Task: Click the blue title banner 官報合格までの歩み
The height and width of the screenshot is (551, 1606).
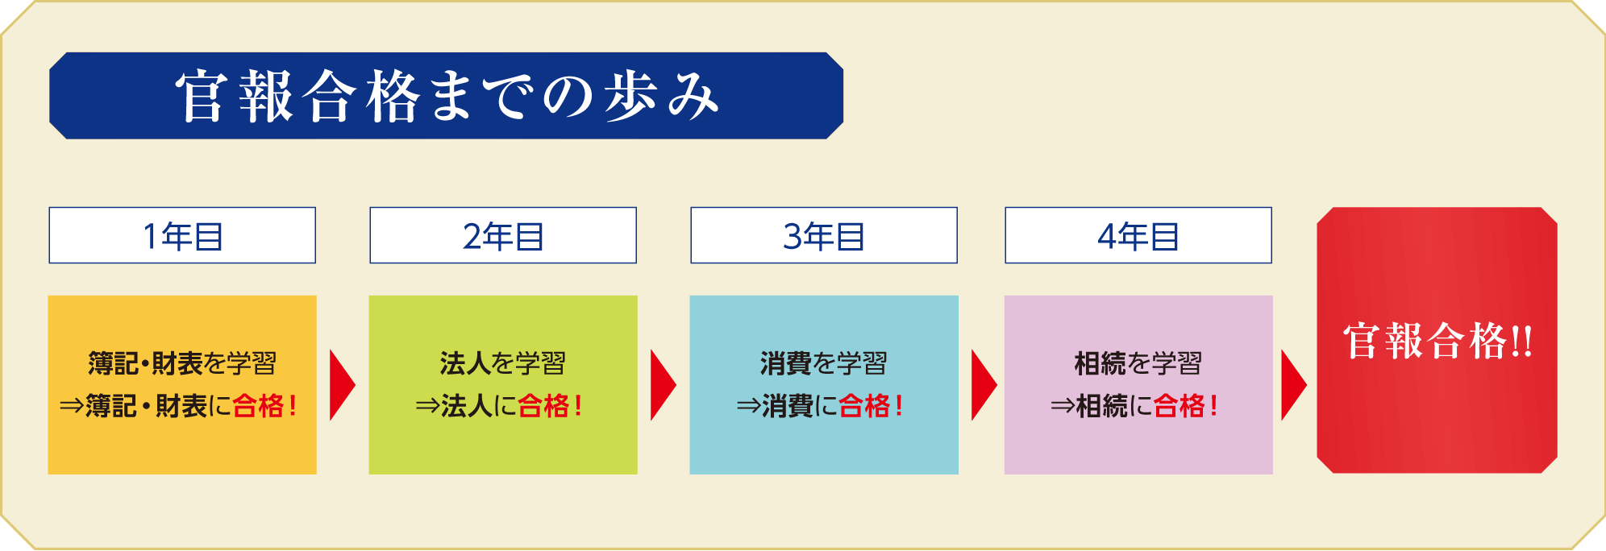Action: pos(446,96)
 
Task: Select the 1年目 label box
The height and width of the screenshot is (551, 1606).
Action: pos(182,235)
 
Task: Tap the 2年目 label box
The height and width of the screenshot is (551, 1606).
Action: pos(503,235)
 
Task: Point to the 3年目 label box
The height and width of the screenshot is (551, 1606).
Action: pos(824,235)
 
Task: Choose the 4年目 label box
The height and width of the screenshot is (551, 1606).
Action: pos(1138,235)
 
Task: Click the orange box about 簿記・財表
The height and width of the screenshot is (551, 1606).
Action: pos(182,385)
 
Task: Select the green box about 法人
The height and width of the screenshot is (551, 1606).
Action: pos(503,385)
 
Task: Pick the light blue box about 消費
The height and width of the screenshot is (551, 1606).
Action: pos(824,385)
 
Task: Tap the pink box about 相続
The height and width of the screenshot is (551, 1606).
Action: pos(1138,385)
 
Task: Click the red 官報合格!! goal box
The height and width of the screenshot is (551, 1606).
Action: pos(1437,340)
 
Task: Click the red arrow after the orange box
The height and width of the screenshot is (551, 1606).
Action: pos(342,385)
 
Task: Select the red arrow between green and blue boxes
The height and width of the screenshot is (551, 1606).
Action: pos(663,385)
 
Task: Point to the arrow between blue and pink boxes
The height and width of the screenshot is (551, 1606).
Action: pos(984,385)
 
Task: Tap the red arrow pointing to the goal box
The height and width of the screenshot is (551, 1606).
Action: pos(1293,385)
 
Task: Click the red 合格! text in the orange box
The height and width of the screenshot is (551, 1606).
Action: pos(265,406)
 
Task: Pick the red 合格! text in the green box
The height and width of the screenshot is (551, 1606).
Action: pos(550,406)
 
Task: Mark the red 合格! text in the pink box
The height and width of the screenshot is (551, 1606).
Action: pos(1185,406)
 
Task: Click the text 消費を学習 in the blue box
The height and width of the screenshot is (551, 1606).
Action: pos(824,364)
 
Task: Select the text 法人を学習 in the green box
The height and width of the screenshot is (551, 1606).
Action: pos(503,364)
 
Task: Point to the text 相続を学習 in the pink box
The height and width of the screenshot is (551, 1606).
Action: pos(1138,364)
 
